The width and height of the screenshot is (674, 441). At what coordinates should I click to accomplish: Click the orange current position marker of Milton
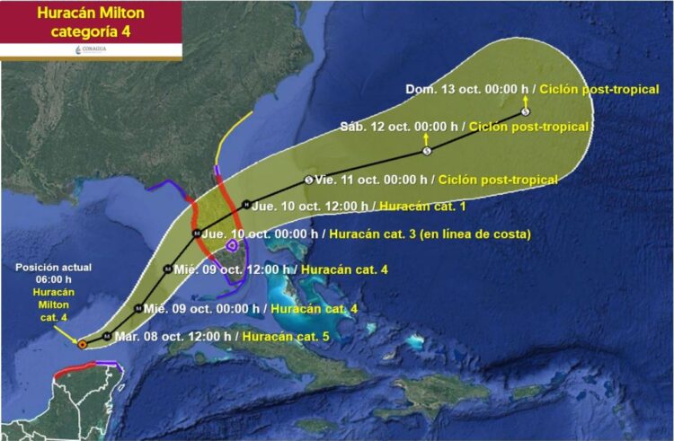click(83, 343)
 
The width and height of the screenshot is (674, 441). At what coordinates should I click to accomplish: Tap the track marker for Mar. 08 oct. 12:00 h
click(108, 337)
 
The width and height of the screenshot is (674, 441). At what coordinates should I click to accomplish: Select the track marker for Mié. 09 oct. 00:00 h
click(137, 308)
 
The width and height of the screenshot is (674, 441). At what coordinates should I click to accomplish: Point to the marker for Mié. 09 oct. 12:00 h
click(167, 269)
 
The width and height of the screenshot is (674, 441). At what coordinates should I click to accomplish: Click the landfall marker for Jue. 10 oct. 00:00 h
click(197, 234)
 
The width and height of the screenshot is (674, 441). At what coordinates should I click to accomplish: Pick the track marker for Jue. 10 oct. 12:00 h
click(246, 204)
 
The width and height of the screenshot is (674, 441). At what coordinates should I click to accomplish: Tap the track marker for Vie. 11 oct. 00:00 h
click(309, 180)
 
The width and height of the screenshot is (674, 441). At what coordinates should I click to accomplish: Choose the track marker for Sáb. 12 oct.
click(426, 150)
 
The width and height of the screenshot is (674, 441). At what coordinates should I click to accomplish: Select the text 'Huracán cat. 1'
click(416, 206)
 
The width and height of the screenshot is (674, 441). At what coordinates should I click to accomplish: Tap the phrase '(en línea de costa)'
click(479, 234)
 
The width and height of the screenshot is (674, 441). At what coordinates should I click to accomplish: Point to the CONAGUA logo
click(90, 50)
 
